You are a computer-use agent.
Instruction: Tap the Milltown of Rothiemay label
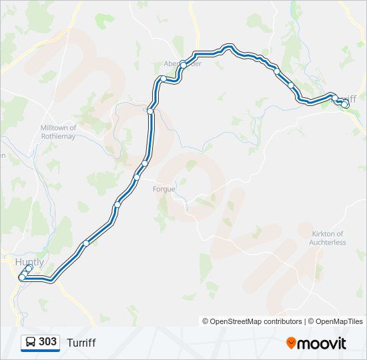tap(59, 132)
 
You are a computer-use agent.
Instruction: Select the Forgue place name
tap(163, 189)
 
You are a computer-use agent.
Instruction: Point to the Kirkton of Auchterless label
tap(327, 238)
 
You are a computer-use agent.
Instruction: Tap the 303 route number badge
tap(47, 342)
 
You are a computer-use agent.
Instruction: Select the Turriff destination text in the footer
tap(81, 343)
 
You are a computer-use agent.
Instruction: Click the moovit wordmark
tap(322, 343)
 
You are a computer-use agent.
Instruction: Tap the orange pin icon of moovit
tap(291, 343)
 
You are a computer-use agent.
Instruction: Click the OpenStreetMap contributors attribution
tap(252, 321)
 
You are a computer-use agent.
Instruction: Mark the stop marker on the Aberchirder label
tap(183, 64)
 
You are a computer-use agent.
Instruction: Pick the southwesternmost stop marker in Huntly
tap(22, 277)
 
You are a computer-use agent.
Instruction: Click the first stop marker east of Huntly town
tap(85, 243)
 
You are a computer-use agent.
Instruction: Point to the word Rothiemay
tap(59, 137)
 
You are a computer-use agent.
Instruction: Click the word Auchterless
tap(327, 243)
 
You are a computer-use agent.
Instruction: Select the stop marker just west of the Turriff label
tap(334, 98)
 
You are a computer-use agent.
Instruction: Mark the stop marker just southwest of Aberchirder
tap(163, 79)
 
